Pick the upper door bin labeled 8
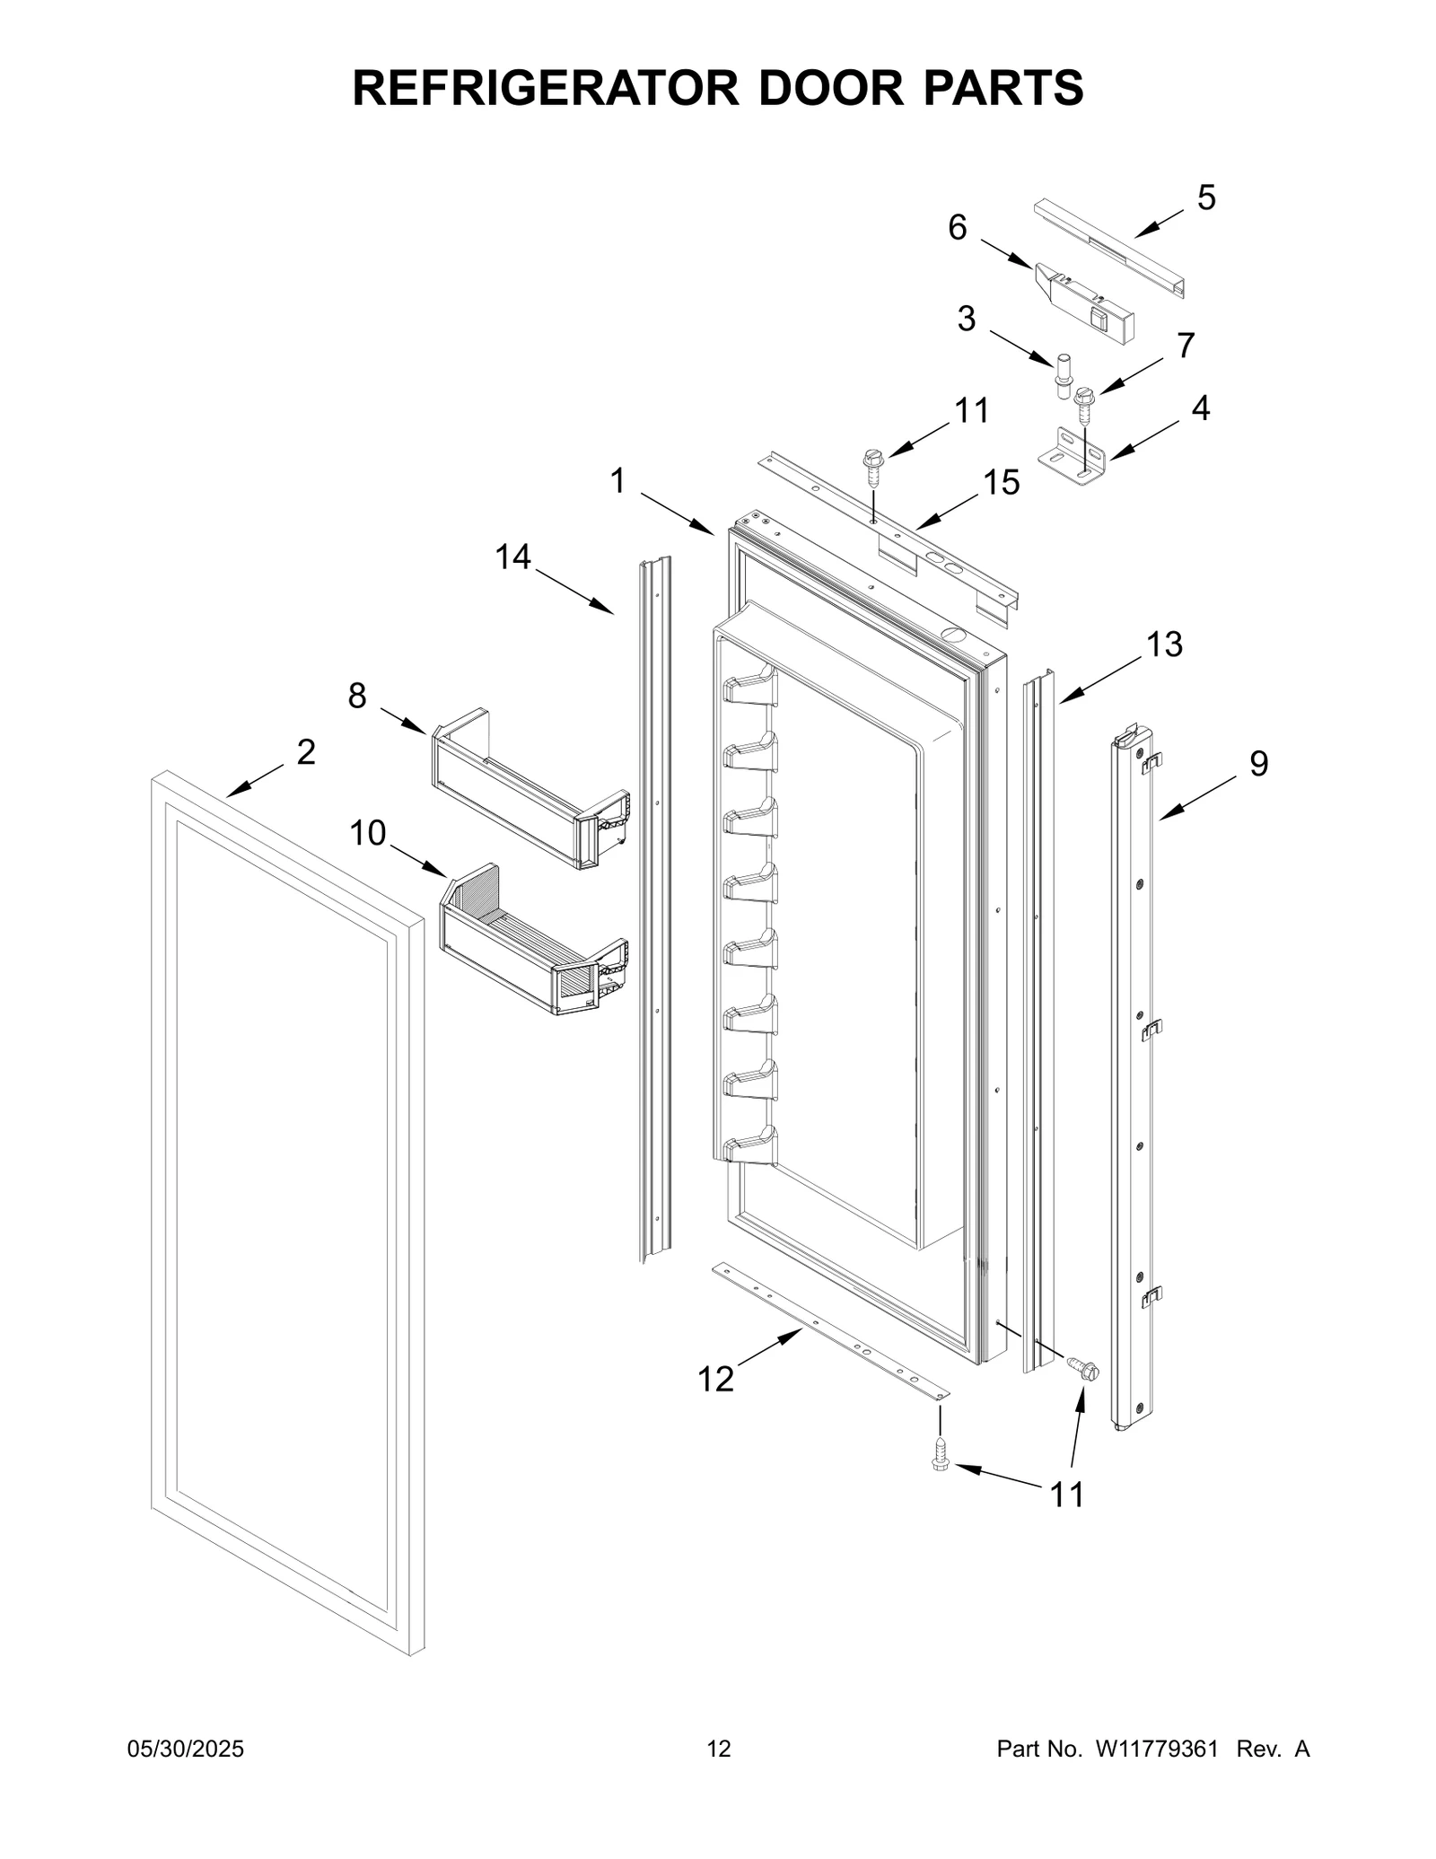tap(530, 788)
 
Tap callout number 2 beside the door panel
tap(305, 752)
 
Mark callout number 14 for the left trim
tap(513, 557)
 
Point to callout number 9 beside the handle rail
tap(1258, 764)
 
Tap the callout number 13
tap(1164, 645)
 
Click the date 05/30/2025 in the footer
tap(186, 1749)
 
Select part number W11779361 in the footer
tap(1155, 1749)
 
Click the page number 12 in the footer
tap(718, 1749)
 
